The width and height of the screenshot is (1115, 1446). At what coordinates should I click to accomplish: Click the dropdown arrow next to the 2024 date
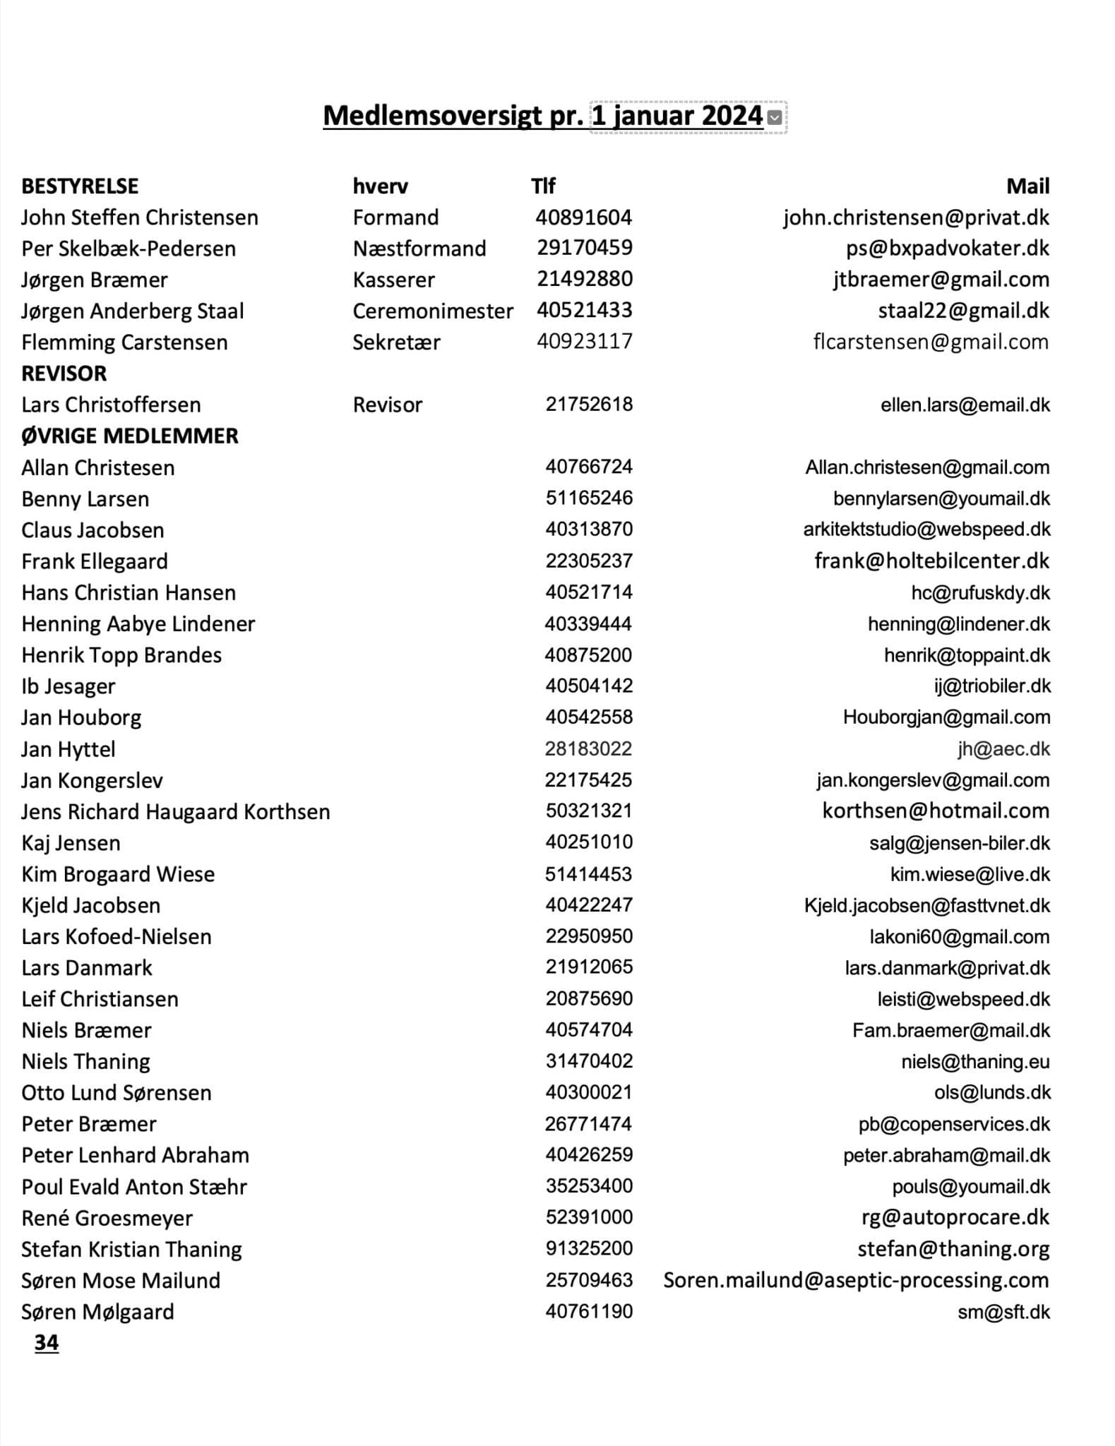click(775, 117)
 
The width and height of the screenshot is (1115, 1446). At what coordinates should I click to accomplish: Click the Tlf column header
click(543, 186)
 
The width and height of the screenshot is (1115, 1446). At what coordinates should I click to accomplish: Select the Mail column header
click(1027, 186)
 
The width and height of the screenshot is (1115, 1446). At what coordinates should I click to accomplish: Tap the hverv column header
click(380, 186)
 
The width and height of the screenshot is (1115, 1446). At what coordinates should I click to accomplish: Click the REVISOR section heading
click(64, 373)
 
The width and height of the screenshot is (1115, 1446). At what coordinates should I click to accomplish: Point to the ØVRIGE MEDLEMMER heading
click(130, 436)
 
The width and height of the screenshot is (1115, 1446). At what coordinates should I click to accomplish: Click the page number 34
click(47, 1342)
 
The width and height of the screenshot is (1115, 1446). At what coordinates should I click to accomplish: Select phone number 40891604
click(583, 217)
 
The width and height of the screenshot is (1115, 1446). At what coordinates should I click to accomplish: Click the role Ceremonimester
click(433, 311)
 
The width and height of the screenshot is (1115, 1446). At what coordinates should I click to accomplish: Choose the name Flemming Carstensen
click(124, 342)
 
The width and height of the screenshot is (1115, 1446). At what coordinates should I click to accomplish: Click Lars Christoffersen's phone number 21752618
click(589, 405)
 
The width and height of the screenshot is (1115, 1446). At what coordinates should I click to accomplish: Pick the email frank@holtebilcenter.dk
click(931, 561)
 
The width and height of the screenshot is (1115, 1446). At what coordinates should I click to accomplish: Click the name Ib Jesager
click(68, 686)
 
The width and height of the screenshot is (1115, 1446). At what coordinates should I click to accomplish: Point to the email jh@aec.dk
click(1003, 749)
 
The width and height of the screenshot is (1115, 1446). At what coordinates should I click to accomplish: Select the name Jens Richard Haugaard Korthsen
click(175, 812)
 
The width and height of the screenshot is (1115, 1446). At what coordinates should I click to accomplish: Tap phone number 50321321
click(589, 811)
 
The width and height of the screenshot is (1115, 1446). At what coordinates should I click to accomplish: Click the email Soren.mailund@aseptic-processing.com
click(856, 1280)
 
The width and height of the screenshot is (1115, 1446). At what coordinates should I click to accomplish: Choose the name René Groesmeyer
click(107, 1218)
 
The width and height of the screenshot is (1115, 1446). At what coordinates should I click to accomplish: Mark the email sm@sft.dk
click(1003, 1312)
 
